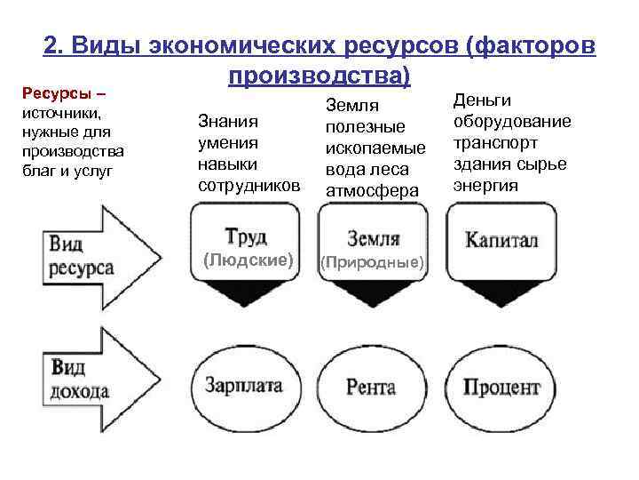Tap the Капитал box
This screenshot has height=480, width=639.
click(x=501, y=241)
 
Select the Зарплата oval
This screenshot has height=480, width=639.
click(x=243, y=387)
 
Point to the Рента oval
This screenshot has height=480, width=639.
click(x=371, y=388)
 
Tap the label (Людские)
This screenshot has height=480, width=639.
click(x=248, y=260)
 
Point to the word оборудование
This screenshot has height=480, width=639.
click(x=512, y=122)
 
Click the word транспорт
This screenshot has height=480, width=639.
click(x=492, y=143)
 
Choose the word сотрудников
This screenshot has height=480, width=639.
click(x=248, y=186)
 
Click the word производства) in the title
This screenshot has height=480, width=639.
click(x=319, y=76)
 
